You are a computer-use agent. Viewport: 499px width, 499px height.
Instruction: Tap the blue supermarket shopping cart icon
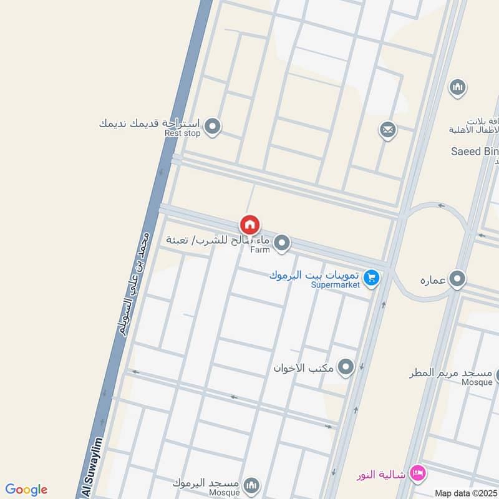tap(372, 277)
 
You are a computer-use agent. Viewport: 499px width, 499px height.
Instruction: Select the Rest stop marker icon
tap(213, 127)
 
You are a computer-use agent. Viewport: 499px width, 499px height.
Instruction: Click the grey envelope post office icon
tap(387, 130)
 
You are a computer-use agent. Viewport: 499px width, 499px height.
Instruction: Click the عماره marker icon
tap(458, 279)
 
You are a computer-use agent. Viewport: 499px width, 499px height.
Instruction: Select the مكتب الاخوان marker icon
tap(345, 367)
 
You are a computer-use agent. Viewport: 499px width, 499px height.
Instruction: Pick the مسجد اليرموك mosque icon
tap(251, 485)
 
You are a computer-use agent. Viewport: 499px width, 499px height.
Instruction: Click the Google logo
tap(26, 490)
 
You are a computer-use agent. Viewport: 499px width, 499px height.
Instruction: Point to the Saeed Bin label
tap(475, 152)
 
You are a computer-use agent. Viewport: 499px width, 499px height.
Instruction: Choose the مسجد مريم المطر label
tap(450, 373)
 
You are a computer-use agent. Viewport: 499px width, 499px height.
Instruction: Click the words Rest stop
tap(182, 133)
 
